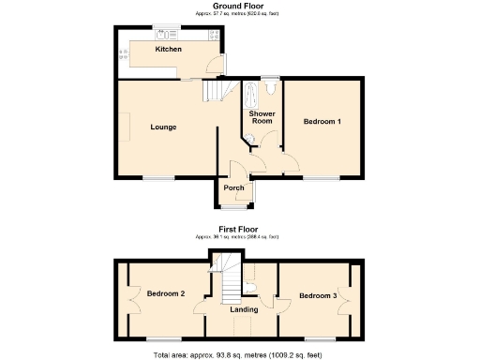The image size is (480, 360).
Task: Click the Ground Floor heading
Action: [x=238, y=6]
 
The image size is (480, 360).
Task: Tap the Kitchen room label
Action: [x=169, y=49]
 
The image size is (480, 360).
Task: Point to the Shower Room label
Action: [x=261, y=117]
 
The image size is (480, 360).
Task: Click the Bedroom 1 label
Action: [x=322, y=122]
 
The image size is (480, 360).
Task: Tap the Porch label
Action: [x=233, y=188]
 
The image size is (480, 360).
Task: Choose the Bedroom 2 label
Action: [x=166, y=294]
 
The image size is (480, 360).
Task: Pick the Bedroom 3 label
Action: [x=318, y=296]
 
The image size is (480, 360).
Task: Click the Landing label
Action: [x=244, y=308]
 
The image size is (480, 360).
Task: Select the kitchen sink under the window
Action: [x=172, y=30]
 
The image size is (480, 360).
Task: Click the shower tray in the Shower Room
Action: [x=251, y=95]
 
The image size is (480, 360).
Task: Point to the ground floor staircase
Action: [x=215, y=90]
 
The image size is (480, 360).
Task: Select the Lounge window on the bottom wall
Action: [x=158, y=177]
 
